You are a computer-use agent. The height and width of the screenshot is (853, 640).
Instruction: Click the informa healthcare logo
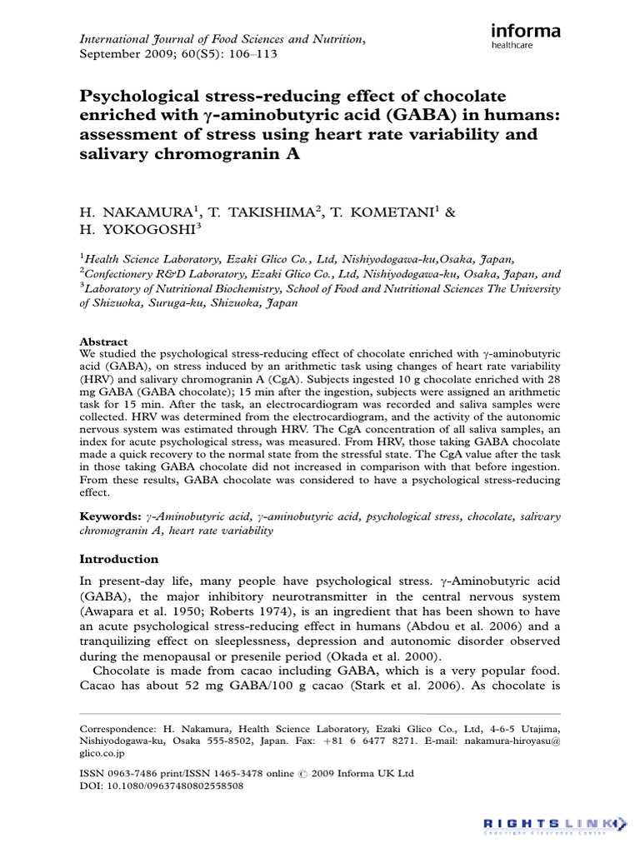click(525, 37)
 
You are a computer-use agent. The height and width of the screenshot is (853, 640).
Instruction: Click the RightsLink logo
click(554, 825)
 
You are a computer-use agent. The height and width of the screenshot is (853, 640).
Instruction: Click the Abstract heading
click(103, 342)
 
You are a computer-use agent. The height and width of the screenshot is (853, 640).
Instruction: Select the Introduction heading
click(118, 559)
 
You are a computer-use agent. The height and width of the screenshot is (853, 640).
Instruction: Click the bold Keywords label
click(109, 516)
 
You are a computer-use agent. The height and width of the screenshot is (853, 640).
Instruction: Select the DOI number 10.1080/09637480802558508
click(172, 786)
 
